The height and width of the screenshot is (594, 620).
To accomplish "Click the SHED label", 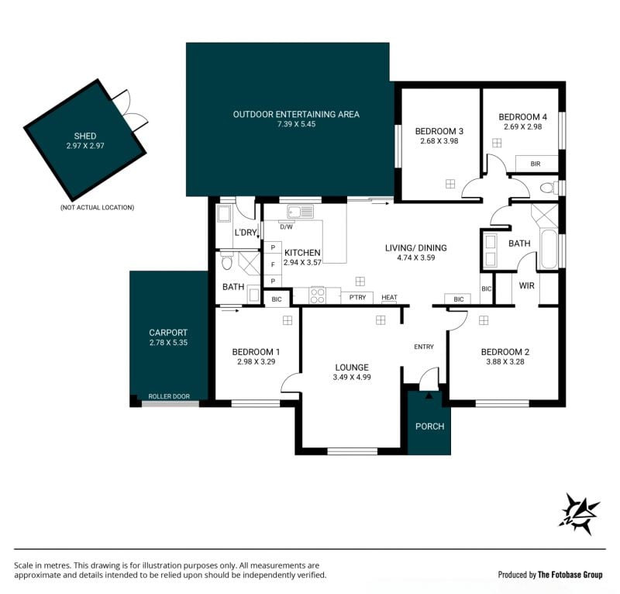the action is tap(85, 136).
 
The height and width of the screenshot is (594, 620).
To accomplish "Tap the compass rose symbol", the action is tap(579, 513).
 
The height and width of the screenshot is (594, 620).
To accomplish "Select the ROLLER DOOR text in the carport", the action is tap(169, 396).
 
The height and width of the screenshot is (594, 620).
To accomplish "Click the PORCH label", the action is tap(430, 427).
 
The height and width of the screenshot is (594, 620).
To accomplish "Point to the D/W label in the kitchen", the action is tap(286, 227).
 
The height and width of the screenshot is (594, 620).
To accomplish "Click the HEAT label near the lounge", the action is tap(390, 297).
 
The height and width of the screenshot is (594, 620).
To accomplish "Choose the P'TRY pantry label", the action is tap(357, 297).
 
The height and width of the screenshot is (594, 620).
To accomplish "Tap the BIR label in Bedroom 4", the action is tap(536, 164).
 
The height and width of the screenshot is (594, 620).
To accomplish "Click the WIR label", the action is tap(527, 285).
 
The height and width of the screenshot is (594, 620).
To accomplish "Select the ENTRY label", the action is tap(424, 347).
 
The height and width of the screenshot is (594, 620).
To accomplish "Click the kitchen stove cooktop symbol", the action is tap(318, 295).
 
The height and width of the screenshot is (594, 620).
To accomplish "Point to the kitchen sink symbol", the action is tap(301, 212).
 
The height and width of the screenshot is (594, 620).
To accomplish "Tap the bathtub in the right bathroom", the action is tap(549, 248).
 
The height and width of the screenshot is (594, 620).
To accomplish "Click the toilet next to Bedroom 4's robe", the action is tap(549, 187).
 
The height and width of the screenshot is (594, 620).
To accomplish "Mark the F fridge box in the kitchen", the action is tap(273, 264).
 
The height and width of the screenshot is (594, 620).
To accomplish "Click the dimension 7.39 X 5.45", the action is tap(296, 124).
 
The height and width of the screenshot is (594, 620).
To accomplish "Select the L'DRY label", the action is tap(246, 233).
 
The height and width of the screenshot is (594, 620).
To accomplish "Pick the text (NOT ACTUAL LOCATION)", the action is tap(98, 207).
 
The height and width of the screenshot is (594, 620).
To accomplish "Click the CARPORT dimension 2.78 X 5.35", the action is tap(168, 343).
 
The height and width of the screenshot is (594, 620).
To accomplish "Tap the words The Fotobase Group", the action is tap(570, 575).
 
